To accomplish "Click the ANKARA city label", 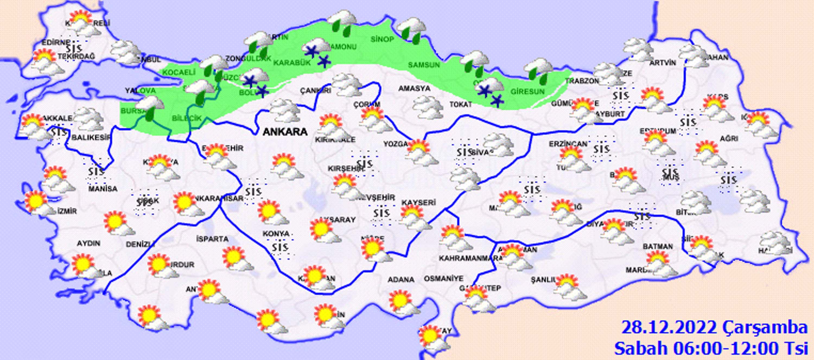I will click(x=285, y=132).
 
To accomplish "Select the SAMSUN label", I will click(x=424, y=65).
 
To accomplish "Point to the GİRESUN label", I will click(x=528, y=92).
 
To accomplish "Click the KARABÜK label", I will click(x=292, y=63).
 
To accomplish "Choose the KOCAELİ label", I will click(x=179, y=72).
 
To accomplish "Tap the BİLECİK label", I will click(x=186, y=119).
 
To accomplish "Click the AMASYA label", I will click(x=414, y=88).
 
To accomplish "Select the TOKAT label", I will click(x=461, y=104).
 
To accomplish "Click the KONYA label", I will click(x=276, y=234).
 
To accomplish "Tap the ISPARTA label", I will click(x=212, y=239).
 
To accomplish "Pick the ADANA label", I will click(x=401, y=280).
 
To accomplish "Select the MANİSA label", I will click(x=103, y=189).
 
